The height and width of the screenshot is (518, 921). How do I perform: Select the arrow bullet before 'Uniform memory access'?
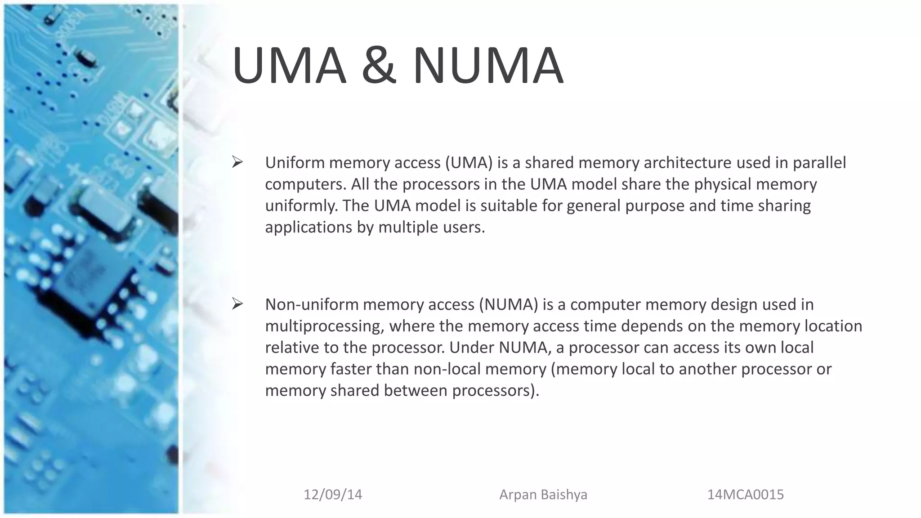[x=237, y=162]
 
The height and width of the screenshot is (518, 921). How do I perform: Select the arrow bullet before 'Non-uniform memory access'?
[x=237, y=304]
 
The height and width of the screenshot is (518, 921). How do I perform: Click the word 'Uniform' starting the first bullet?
[x=295, y=162]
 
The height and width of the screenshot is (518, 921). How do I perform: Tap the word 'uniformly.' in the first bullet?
[x=301, y=205]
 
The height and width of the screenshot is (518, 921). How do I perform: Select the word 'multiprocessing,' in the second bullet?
[x=324, y=326]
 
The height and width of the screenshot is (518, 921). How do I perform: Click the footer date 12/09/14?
[x=333, y=495]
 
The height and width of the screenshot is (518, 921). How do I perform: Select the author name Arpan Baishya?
[x=543, y=495]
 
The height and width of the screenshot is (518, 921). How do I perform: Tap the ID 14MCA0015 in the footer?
[x=745, y=495]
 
